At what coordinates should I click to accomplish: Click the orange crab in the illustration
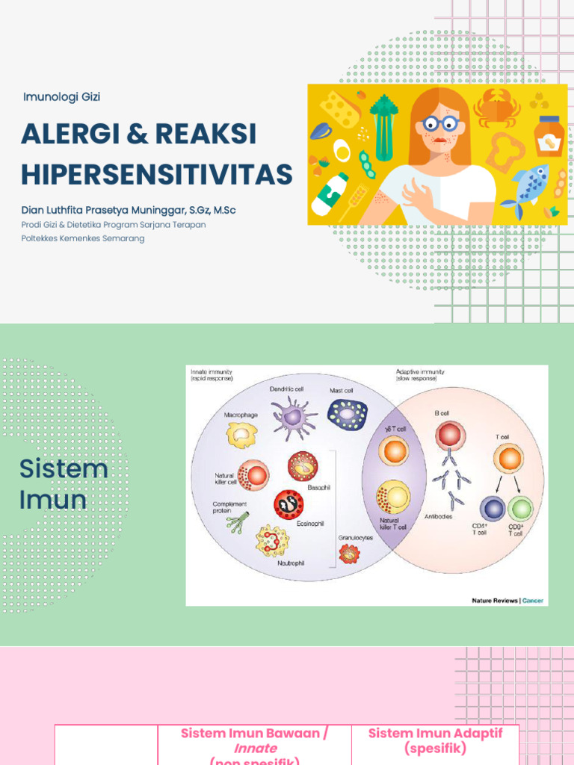[497, 108]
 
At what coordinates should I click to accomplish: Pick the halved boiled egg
[342, 149]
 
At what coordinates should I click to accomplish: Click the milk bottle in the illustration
[329, 194]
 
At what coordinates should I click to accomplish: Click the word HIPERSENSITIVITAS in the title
[157, 174]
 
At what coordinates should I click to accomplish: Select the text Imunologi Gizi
[62, 96]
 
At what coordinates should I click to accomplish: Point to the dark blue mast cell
[347, 414]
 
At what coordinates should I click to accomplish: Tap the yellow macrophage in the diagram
[242, 434]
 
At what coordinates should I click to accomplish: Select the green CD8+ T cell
[520, 510]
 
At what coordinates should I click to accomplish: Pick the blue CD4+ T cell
[493, 510]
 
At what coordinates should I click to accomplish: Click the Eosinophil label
[310, 524]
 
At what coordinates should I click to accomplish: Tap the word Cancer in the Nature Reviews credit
[533, 600]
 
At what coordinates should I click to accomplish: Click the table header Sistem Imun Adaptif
[435, 733]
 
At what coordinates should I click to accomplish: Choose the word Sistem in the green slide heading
[64, 469]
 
